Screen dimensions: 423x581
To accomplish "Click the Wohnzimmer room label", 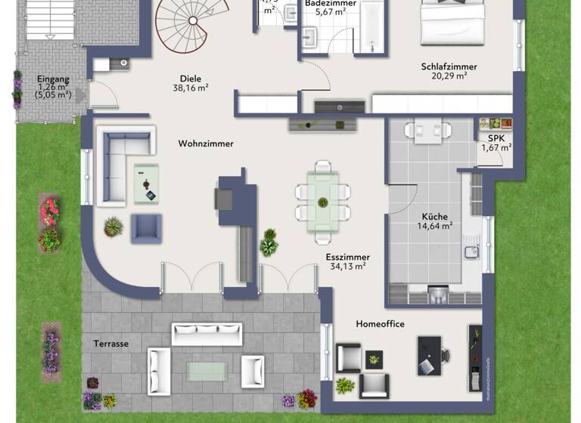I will [206, 144].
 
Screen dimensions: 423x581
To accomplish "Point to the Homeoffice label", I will [380, 324].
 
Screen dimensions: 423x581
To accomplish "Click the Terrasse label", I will [112, 344].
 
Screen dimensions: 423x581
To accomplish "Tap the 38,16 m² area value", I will [191, 88].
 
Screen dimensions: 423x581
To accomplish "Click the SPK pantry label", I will [496, 138].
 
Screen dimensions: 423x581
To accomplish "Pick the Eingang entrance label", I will [52, 78].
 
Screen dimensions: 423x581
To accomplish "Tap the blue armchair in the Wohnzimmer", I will [146, 228].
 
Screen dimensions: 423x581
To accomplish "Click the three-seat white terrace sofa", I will [207, 333].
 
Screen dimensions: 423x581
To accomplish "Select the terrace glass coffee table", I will [207, 369].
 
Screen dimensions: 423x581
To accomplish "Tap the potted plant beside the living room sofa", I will [114, 226].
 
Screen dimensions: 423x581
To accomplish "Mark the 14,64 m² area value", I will [436, 225].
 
